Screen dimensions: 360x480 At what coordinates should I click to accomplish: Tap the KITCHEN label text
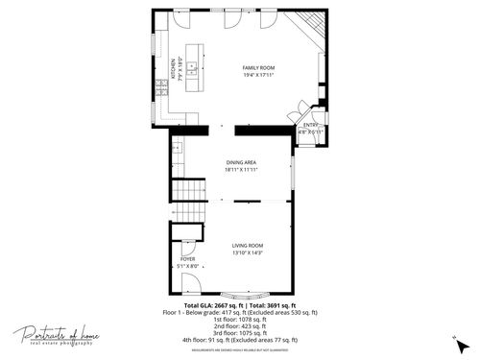[174, 69]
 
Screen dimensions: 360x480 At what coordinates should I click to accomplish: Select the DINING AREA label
[240, 162]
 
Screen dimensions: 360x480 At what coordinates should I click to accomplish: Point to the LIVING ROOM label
[247, 246]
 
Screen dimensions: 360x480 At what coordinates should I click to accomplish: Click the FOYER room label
[187, 259]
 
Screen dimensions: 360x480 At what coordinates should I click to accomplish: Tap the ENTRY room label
[310, 125]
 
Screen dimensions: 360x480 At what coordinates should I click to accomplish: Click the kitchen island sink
[192, 69]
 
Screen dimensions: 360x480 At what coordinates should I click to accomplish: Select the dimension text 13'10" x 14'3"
[247, 252]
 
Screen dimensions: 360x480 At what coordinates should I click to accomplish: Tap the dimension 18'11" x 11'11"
[240, 169]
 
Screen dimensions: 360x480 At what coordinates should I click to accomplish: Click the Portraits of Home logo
[55, 336]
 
